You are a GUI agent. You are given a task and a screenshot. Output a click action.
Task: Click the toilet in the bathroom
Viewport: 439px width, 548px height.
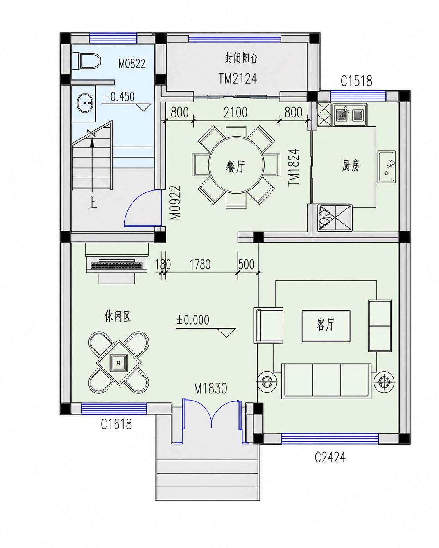86,61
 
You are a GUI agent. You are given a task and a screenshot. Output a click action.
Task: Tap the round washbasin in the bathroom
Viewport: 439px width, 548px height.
85,103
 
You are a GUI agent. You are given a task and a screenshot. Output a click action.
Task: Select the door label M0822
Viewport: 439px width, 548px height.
132,64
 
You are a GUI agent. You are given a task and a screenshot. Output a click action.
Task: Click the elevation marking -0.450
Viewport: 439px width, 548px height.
119,97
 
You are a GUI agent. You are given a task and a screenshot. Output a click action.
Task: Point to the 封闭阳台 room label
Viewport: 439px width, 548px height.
241,58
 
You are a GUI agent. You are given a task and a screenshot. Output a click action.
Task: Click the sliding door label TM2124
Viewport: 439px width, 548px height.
238,79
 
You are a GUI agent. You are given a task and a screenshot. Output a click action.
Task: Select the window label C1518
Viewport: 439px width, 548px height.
356,81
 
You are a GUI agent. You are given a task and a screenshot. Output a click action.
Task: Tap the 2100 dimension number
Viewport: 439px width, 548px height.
235,112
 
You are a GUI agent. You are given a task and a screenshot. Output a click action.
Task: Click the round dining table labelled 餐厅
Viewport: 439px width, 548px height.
236,165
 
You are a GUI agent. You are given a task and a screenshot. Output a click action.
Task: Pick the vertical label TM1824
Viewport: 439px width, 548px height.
294,167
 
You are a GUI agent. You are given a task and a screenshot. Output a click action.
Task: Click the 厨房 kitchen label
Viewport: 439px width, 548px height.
351,166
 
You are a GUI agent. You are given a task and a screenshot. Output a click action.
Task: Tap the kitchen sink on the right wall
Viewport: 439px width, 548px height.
387,167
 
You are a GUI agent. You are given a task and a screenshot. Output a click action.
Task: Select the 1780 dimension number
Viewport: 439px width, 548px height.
200,264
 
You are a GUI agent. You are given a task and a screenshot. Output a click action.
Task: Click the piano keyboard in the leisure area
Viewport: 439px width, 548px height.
117,265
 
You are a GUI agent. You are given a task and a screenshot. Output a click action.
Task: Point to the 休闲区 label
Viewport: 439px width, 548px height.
117,316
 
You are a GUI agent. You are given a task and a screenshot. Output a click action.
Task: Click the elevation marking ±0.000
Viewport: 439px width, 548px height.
193,320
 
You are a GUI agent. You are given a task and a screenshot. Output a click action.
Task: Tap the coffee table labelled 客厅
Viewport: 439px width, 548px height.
326,326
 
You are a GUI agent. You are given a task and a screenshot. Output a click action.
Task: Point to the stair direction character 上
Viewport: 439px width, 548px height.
92,203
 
